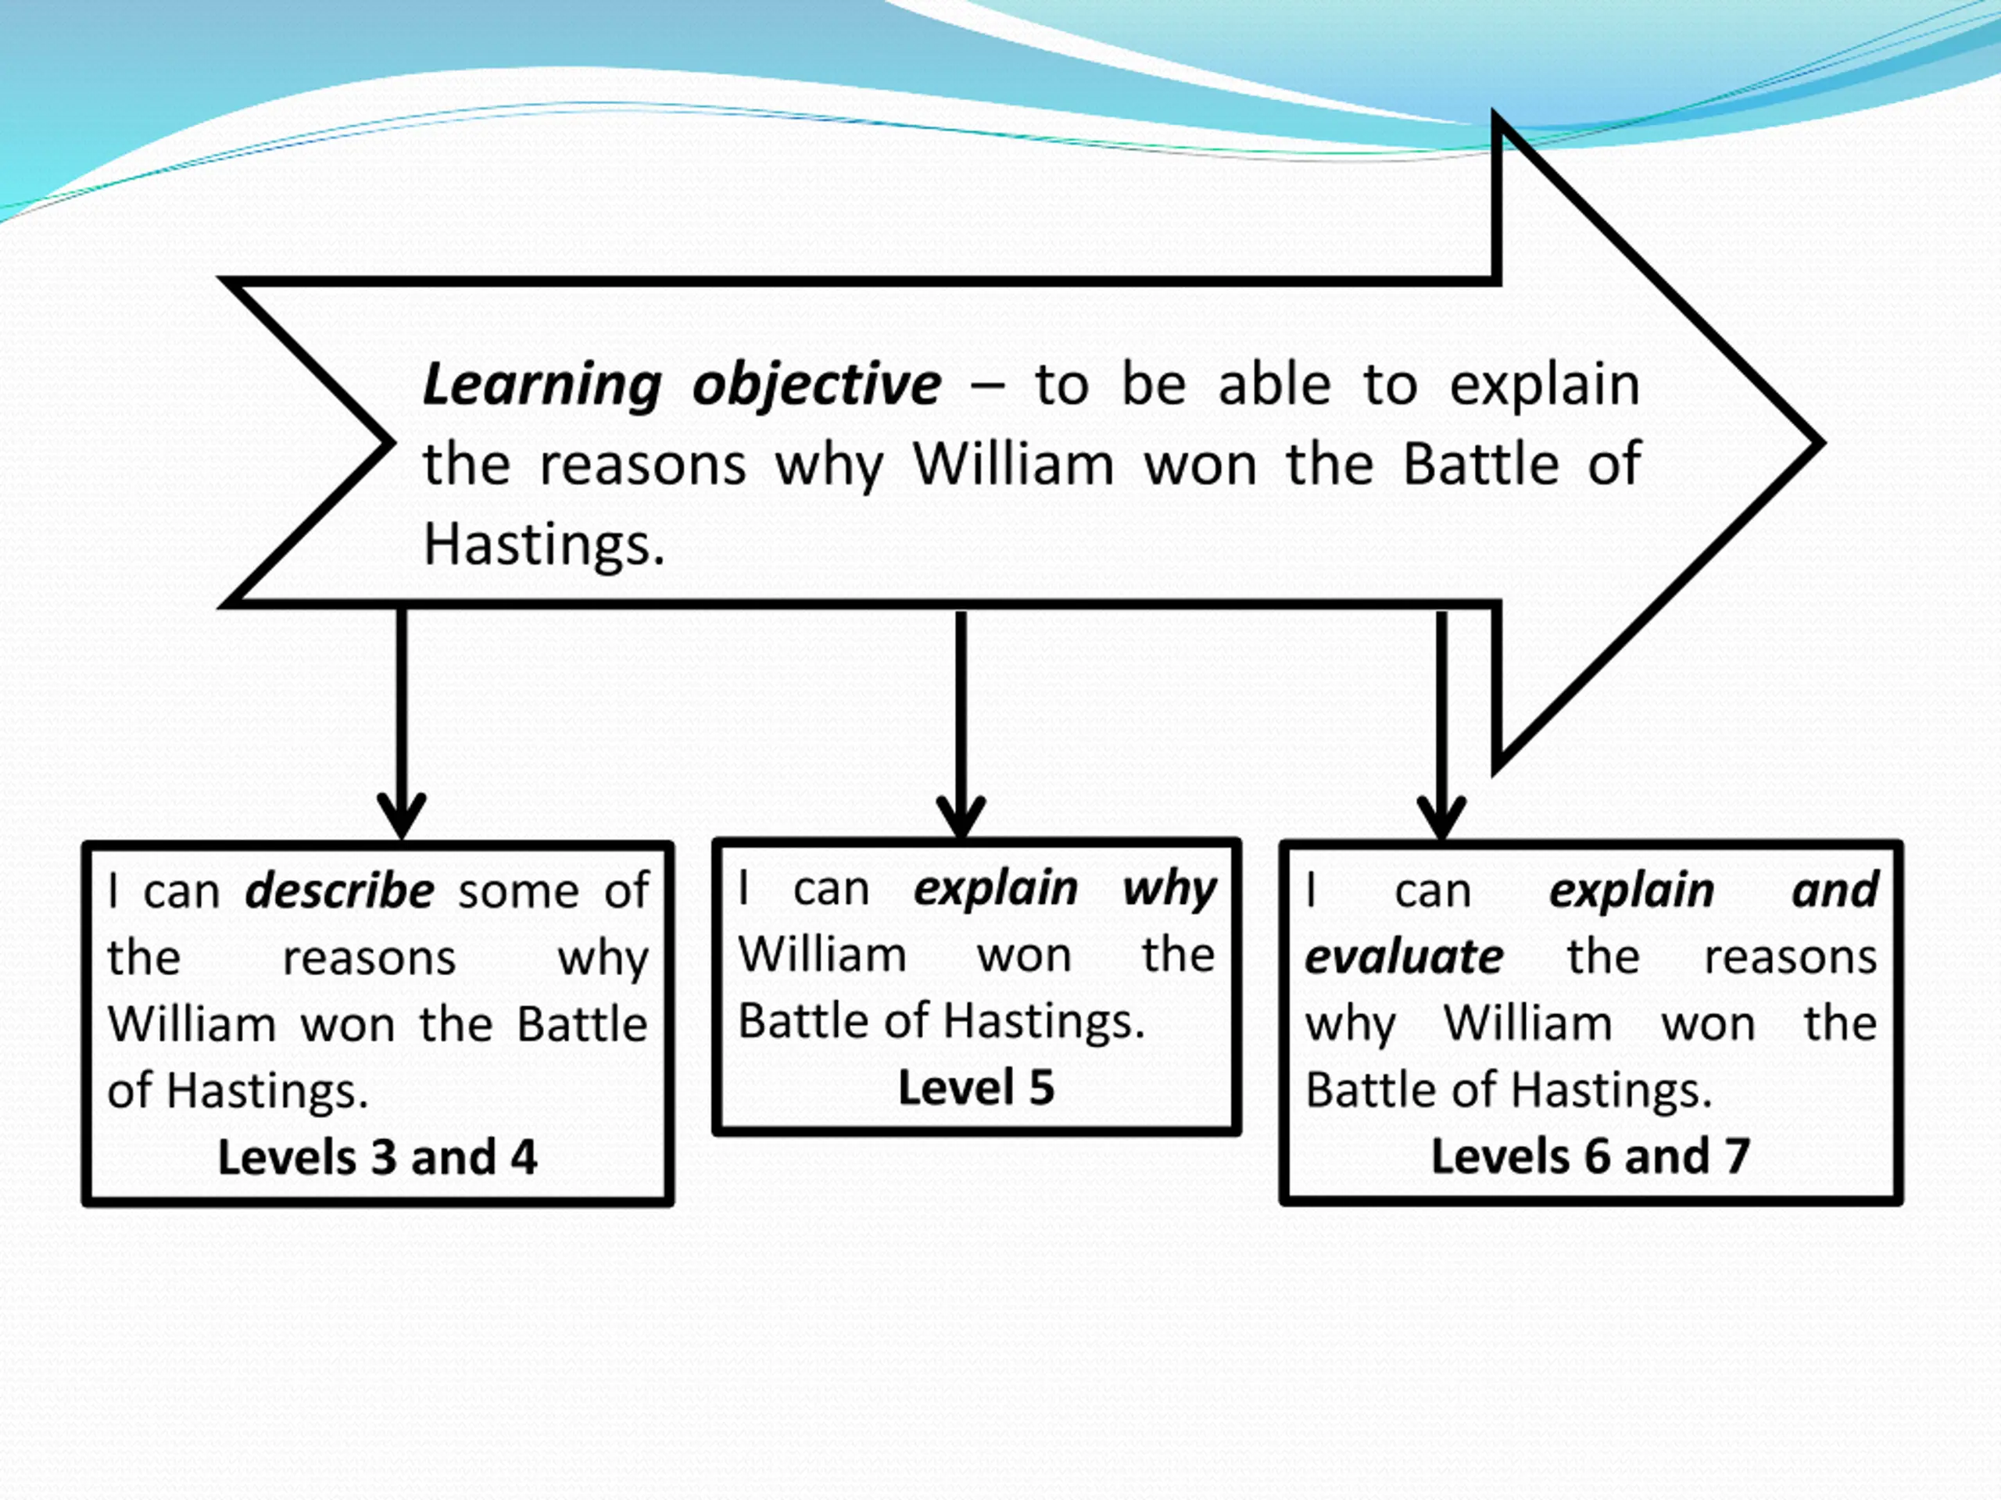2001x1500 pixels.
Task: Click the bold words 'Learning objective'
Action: point(681,385)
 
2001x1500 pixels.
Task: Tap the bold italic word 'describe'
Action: point(339,891)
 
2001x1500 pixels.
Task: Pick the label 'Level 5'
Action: point(976,1087)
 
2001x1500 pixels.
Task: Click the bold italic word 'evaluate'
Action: point(1403,956)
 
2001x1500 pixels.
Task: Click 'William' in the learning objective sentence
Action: point(1013,466)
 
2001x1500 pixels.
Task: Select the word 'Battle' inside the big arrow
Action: point(1480,466)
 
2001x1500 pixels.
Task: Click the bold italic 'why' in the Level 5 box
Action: point(1169,890)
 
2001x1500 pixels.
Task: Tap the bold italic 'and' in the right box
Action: point(1835,891)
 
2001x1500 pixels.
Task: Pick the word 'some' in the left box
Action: point(518,892)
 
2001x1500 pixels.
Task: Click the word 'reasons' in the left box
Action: point(369,959)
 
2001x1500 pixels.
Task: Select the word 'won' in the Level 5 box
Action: point(1024,955)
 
